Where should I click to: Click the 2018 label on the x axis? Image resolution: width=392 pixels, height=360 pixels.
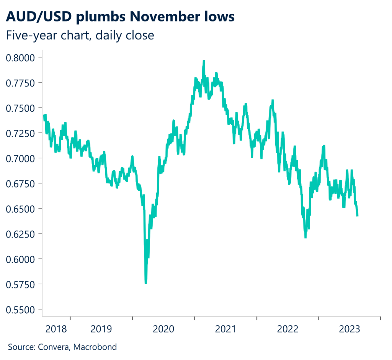tap(56, 329)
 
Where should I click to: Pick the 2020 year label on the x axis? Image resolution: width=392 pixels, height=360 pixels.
tap(163, 329)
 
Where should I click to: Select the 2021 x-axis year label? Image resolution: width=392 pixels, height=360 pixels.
tap(225, 329)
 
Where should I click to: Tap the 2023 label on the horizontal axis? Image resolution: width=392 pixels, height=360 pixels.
tap(350, 329)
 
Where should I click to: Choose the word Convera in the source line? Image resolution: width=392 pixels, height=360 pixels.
tap(51, 347)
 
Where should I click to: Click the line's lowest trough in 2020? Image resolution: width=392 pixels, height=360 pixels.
tap(146, 283)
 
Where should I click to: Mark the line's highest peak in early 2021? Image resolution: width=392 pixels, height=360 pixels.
tap(204, 61)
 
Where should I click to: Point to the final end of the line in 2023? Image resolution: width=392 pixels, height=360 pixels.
tap(357, 216)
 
